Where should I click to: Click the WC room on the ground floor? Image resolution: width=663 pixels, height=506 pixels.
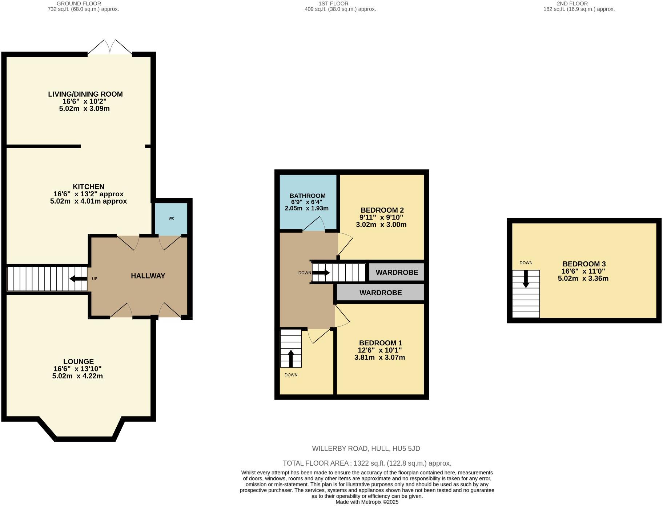pos(171,218)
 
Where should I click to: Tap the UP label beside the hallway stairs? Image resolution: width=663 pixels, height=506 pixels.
pos(95,279)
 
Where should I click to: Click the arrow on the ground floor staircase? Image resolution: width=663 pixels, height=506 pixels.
pos(78,279)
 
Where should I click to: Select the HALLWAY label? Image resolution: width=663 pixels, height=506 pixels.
pos(148,276)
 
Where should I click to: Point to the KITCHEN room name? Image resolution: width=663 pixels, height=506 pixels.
pos(89,186)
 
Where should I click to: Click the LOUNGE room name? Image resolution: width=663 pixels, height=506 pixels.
pos(79,361)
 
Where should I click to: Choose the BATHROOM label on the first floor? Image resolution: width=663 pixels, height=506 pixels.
pos(308,196)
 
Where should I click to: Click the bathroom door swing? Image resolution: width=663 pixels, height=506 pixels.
pos(314,224)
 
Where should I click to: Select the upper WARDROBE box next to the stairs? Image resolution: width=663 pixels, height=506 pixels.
pos(397,272)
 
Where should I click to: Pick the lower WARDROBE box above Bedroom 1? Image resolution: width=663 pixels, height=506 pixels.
pos(380,293)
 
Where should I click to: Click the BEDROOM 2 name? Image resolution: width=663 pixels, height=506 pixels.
pos(382,210)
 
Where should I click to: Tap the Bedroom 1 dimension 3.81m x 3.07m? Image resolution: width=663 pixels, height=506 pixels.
pos(380,357)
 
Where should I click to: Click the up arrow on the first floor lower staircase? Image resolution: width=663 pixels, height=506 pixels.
pos(291,358)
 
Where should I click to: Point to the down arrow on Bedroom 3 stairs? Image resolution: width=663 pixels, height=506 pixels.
pos(526,279)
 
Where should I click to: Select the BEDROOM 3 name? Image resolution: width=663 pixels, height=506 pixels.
pos(584,264)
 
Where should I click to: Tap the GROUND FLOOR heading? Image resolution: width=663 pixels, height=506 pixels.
pos(79,4)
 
